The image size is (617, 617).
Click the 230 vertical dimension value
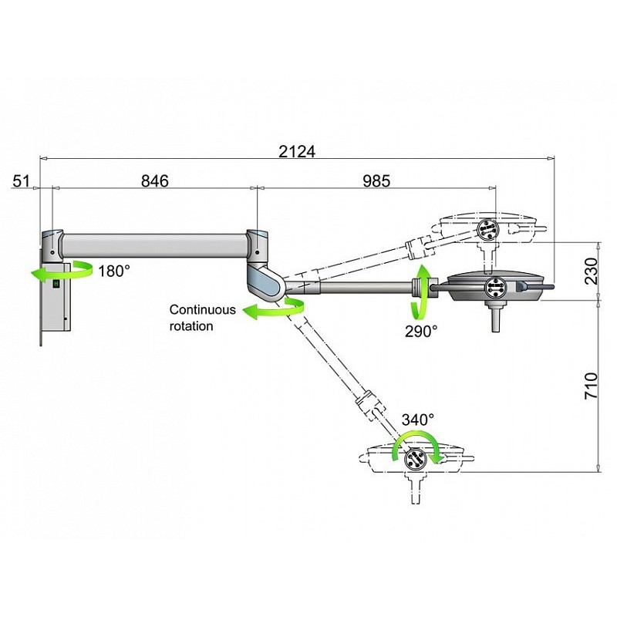tap(591, 271)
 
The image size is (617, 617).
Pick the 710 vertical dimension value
tap(591, 386)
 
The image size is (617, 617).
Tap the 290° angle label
tap(421, 330)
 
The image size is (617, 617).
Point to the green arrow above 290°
tap(421, 291)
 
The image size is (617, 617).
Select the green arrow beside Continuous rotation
tap(275, 310)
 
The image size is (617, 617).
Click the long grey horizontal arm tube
tap(154, 245)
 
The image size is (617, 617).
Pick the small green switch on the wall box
tap(56, 284)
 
